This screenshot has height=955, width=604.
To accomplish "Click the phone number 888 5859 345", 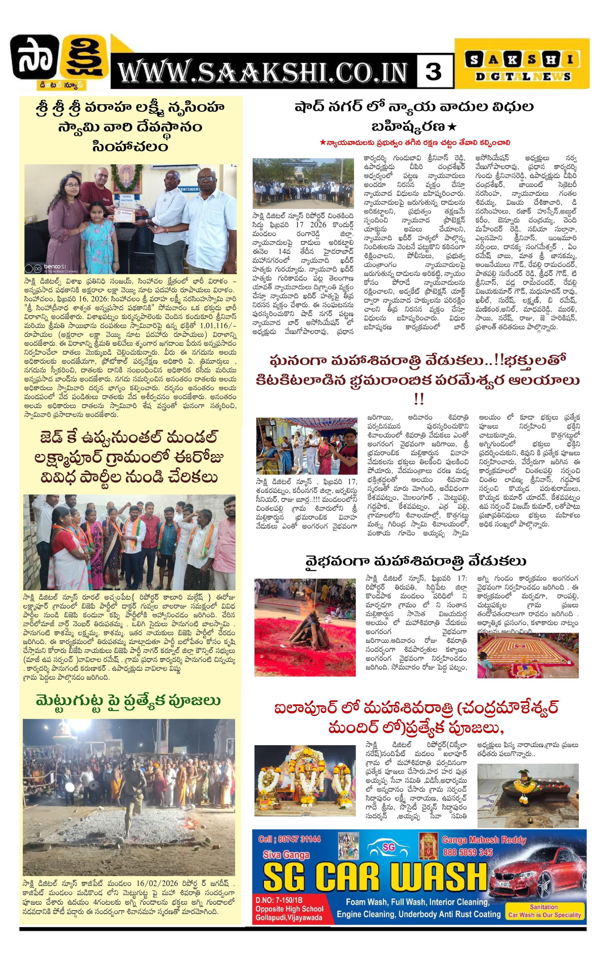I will pos(468,852).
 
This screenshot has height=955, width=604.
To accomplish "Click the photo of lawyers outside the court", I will pos(303,184).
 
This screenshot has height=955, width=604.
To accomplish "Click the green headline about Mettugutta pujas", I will pos(128,701).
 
